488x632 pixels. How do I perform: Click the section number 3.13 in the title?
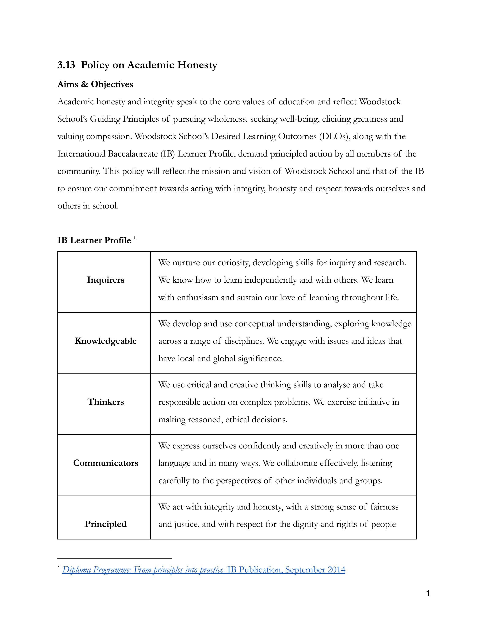point(66,65)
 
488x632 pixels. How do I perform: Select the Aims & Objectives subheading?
point(95,84)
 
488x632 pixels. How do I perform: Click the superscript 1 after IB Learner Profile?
point(135,238)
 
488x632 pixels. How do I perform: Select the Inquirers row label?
point(106,280)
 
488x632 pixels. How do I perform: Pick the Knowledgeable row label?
point(106,341)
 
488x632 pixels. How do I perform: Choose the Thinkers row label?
point(106,402)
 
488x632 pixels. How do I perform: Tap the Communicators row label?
point(106,463)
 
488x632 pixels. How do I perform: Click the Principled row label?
point(106,524)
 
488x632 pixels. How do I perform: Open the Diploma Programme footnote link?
point(143,570)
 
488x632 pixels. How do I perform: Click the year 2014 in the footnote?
point(336,570)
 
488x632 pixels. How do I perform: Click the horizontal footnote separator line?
point(115,558)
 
